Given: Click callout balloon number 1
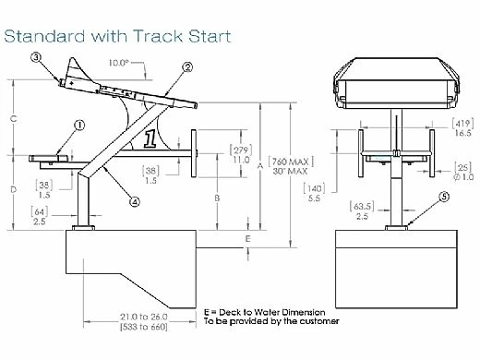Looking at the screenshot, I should point(79,124).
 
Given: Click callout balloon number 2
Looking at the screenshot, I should point(187,67).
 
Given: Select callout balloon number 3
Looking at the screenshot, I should point(37,57).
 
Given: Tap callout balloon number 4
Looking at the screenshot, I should point(135,200).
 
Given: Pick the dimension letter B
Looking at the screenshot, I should point(215,198).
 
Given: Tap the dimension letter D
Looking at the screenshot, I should point(12,189).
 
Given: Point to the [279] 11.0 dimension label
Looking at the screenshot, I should point(240,153).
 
